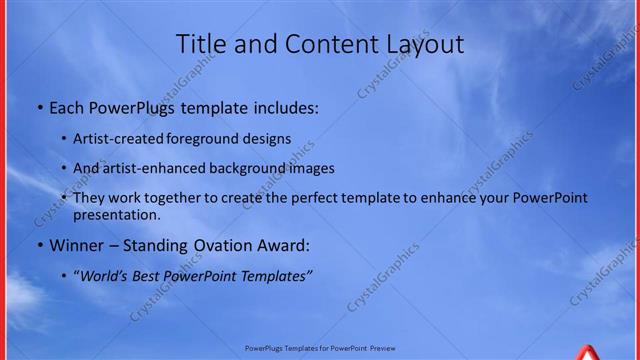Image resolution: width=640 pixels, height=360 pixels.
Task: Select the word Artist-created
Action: click(x=113, y=139)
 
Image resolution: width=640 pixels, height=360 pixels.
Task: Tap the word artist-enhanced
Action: click(x=146, y=168)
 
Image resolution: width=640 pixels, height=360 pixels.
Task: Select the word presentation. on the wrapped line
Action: click(x=116, y=214)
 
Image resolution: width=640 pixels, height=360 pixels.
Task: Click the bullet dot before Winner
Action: click(x=39, y=245)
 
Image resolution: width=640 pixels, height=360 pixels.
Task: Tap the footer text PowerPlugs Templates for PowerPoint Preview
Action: click(x=320, y=349)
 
